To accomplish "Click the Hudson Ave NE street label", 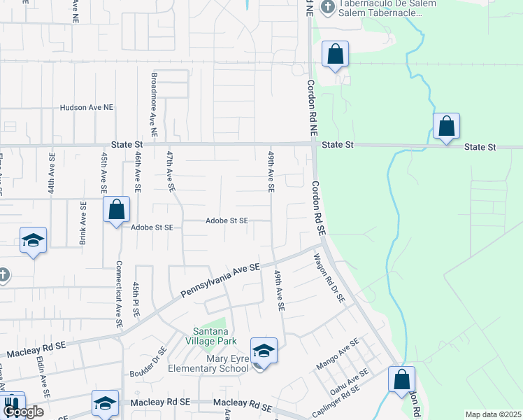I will tap(87, 108).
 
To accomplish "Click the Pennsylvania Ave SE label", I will tap(220, 280).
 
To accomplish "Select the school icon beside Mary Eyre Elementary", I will tap(264, 351).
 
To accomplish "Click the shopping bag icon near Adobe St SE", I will tap(116, 209).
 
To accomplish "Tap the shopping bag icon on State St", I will tap(446, 127).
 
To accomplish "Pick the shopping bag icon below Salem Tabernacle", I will tap(335, 54).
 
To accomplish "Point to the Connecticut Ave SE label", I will tap(119, 295).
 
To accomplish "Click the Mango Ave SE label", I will tap(338, 353).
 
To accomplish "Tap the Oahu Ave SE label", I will tap(348, 387).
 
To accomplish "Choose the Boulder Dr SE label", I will tap(148, 363).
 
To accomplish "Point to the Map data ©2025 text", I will tap(492, 414).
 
